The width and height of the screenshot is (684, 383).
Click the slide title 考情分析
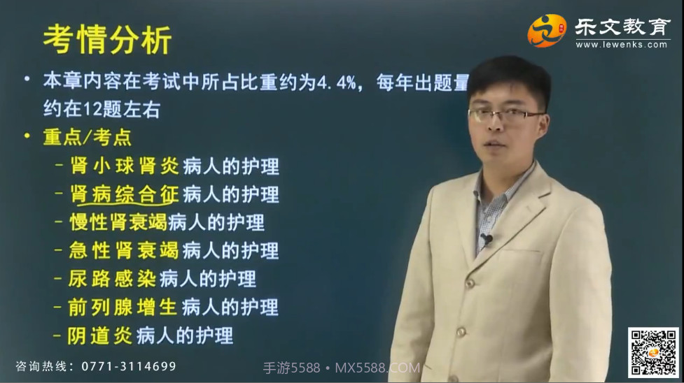pyautogui.click(x=106, y=40)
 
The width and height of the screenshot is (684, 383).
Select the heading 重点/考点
pyautogui.click(x=88, y=138)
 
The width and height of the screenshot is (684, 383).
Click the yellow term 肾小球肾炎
pyautogui.click(x=125, y=166)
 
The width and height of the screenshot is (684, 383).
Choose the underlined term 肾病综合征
pyautogui.click(x=125, y=194)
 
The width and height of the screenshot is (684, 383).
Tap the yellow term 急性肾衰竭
pyautogui.click(x=125, y=250)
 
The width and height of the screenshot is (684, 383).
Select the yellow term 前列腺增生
pyautogui.click(x=123, y=307)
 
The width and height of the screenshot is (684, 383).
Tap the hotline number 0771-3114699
pyautogui.click(x=129, y=366)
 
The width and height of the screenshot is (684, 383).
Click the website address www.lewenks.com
pyautogui.click(x=622, y=45)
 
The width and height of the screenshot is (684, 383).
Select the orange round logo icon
pyautogui.click(x=547, y=30)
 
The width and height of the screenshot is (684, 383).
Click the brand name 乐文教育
pyautogui.click(x=622, y=27)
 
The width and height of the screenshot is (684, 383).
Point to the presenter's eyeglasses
pyautogui.click(x=505, y=115)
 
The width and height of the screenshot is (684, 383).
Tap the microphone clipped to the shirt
pyautogui.click(x=486, y=240)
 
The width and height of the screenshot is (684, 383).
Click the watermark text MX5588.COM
pyautogui.click(x=378, y=368)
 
